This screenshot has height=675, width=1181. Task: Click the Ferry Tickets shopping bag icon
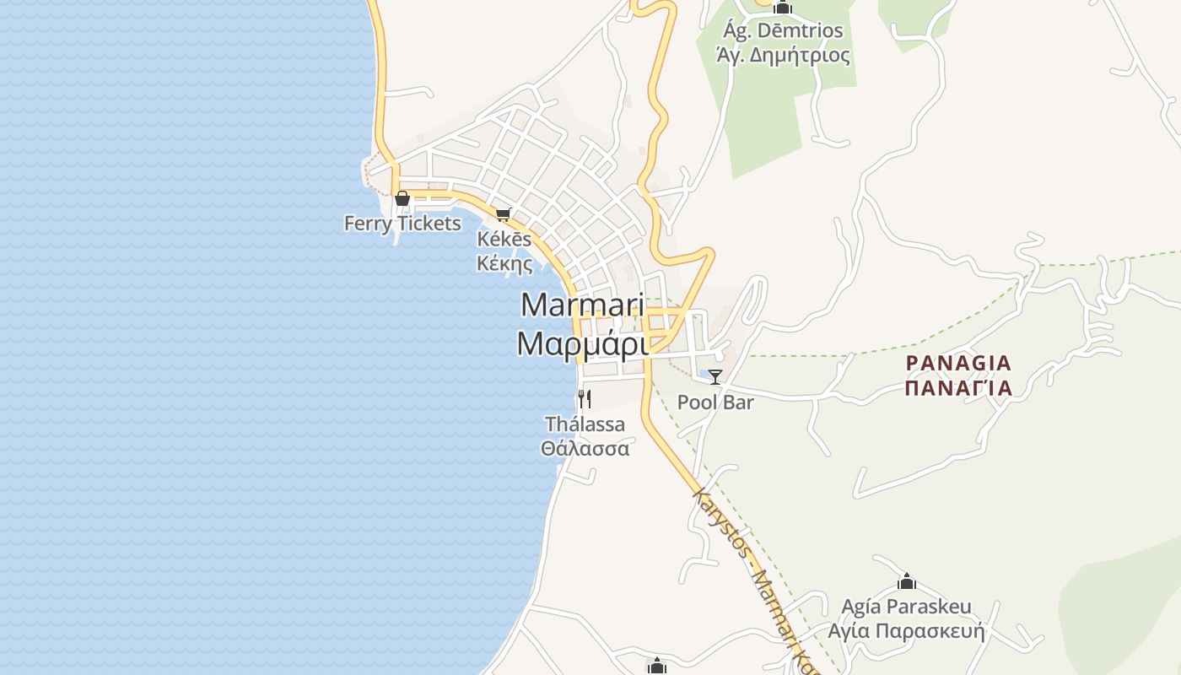pos(402,199)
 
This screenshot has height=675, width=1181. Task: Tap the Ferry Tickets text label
pos(402,224)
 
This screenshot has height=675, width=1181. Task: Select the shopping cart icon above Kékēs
pos(504,215)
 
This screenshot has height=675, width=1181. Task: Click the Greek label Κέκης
pos(504,263)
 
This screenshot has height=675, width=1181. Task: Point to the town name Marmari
pos(582,305)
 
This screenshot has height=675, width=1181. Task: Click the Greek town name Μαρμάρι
pos(582,344)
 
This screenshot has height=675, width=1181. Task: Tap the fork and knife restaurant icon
pos(584,398)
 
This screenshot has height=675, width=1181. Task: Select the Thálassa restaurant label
pos(585,424)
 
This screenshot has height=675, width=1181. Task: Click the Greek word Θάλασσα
pos(585,448)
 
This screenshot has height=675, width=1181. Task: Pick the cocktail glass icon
pos(715,377)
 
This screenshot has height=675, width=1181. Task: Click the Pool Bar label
pos(715,402)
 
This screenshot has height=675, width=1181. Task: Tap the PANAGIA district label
pos(957,364)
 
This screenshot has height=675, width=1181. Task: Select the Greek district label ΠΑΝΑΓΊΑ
pos(957,388)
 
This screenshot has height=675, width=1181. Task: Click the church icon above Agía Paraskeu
pos(907,581)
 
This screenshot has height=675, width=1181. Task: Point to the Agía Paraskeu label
pos(906,607)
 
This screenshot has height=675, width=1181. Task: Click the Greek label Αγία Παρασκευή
pos(906,631)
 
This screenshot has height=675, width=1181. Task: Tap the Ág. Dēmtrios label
pos(783,31)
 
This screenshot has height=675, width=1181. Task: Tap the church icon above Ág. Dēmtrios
pos(783,8)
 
